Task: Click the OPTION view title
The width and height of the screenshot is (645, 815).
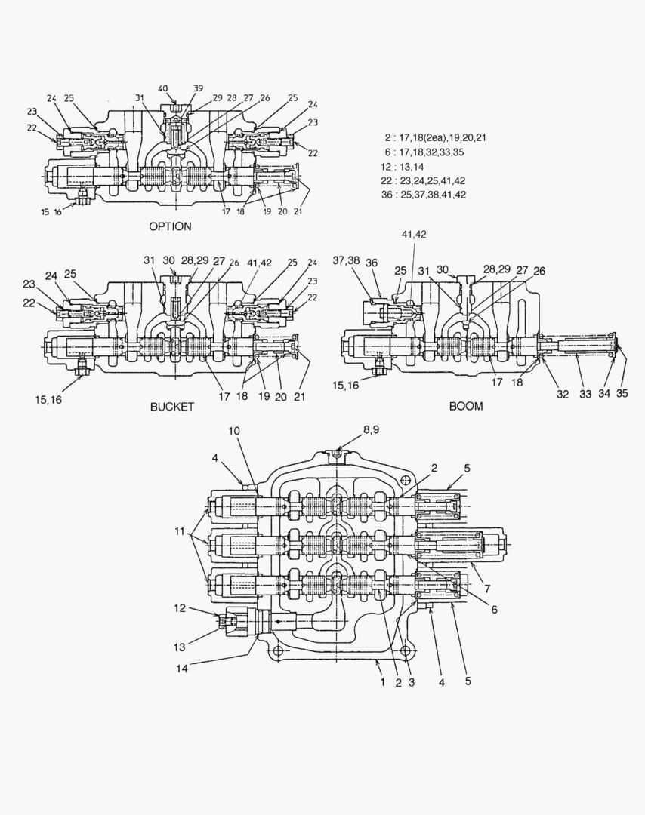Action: click(x=170, y=226)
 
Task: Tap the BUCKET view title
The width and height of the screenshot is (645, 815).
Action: click(x=172, y=406)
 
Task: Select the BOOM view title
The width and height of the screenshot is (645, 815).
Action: click(x=466, y=406)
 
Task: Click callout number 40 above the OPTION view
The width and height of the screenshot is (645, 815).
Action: click(x=162, y=88)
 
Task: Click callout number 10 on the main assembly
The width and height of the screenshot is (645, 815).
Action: click(x=234, y=430)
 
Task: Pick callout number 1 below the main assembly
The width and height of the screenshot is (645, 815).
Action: click(x=383, y=681)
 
